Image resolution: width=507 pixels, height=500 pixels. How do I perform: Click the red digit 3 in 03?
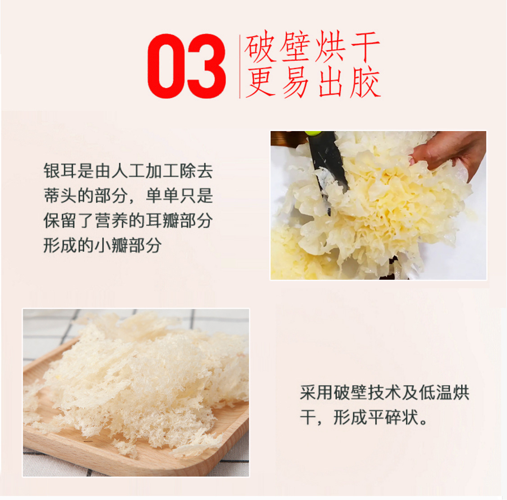click(x=206, y=66)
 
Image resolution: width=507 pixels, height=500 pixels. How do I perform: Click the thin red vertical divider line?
click(x=240, y=66)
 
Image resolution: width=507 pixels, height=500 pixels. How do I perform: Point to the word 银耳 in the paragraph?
click(x=60, y=171)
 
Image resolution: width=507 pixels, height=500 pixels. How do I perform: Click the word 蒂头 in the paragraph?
click(x=60, y=196)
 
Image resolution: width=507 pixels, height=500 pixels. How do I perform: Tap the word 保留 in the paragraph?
click(x=60, y=221)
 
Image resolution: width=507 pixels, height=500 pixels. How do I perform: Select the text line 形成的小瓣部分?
click(x=103, y=246)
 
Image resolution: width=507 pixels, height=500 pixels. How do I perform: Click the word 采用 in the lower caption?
click(x=317, y=393)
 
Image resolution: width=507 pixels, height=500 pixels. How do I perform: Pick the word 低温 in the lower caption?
click(x=435, y=393)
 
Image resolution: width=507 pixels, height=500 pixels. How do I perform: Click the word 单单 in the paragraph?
click(x=163, y=196)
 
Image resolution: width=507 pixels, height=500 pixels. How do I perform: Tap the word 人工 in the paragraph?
click(x=128, y=171)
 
